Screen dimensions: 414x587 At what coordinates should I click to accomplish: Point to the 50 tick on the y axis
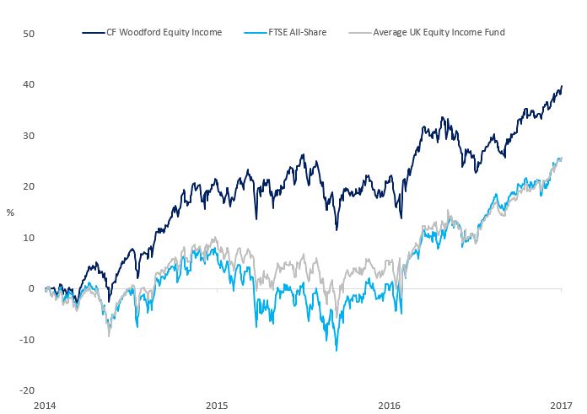29,34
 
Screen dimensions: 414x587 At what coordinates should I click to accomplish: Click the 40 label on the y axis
29,85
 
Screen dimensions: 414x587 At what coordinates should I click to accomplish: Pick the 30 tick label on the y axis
29,136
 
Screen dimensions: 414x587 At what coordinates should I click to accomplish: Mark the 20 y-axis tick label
29,186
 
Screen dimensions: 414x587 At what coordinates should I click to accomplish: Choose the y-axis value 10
29,238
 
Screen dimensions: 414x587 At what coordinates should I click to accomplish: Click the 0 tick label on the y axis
31,288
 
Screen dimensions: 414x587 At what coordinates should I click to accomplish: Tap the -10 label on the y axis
27,340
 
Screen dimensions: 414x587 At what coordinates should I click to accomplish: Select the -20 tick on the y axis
27,390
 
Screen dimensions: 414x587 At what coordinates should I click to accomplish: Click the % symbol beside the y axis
9,212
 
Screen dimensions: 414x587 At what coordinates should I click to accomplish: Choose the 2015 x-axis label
217,406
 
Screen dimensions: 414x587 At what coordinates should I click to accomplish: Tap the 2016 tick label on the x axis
390,406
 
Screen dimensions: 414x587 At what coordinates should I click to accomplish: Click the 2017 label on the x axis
562,406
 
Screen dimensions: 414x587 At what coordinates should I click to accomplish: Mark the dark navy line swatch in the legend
94,33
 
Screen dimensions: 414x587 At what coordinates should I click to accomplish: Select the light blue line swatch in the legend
251,33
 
